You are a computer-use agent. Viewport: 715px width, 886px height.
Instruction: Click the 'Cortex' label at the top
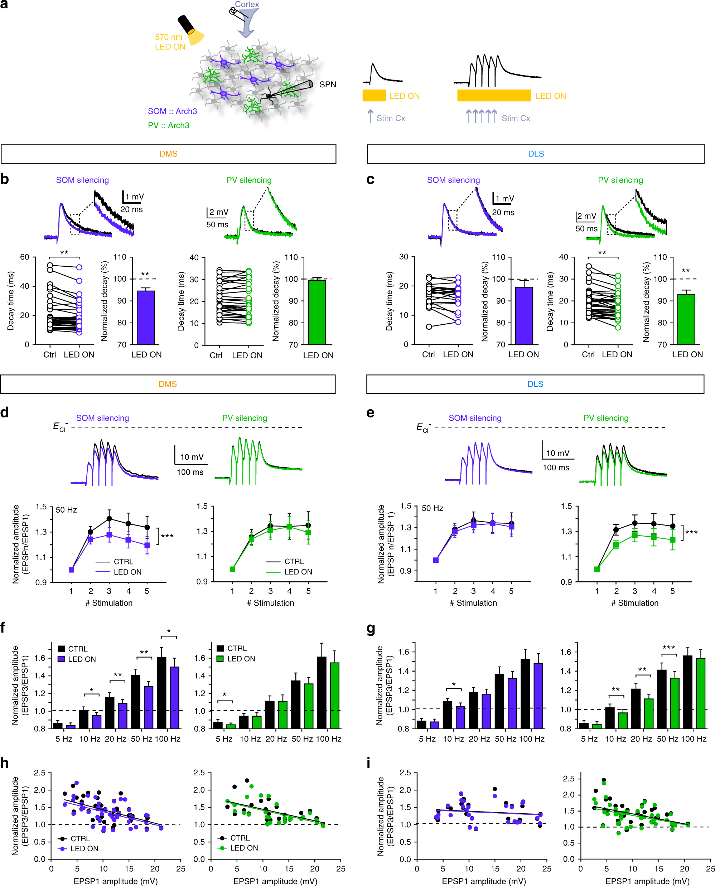(247, 5)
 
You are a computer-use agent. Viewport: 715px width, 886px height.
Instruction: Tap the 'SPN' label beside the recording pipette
(328, 84)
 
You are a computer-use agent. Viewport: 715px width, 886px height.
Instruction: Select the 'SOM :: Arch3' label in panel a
(172, 111)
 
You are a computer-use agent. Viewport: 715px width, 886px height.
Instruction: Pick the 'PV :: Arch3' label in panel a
(168, 125)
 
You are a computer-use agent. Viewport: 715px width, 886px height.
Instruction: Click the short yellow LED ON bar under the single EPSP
(373, 96)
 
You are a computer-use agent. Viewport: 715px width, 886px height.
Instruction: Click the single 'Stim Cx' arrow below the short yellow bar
(370, 116)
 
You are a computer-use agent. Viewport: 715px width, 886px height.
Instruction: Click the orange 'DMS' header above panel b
(168, 154)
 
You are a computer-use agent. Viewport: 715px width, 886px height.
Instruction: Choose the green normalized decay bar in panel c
(686, 319)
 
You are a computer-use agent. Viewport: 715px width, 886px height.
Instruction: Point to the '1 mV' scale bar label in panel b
(135, 197)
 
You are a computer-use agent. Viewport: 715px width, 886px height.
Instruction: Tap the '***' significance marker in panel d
(167, 536)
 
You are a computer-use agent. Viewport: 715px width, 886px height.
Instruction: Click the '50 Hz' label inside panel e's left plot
(432, 508)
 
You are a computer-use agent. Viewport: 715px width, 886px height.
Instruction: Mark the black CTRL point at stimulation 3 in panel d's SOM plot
(109, 519)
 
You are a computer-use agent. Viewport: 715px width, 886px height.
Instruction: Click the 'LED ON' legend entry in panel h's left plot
(84, 848)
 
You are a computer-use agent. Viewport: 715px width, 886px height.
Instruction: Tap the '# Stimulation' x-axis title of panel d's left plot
(109, 603)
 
